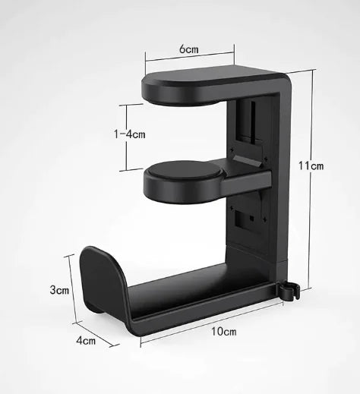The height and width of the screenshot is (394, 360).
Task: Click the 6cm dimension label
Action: [189, 49]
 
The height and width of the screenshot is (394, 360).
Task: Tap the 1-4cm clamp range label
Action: [129, 134]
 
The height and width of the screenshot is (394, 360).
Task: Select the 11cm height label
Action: [311, 165]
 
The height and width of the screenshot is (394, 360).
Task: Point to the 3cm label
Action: [60, 290]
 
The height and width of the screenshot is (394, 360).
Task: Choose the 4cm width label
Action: [86, 341]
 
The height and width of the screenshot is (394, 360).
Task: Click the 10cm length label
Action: [224, 332]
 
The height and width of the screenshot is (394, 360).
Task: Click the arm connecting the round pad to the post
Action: [247, 180]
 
